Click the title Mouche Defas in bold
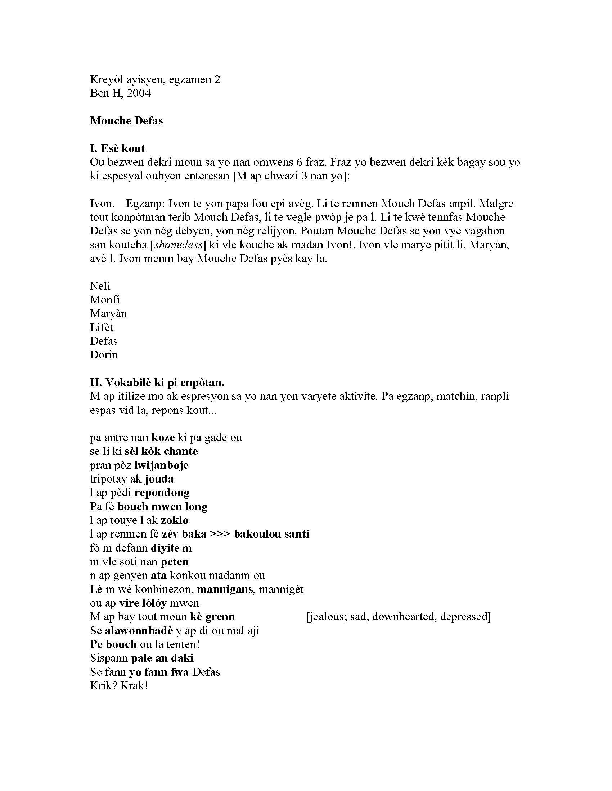(126, 120)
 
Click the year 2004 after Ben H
(139, 93)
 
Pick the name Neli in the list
(100, 286)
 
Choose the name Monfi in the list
(105, 300)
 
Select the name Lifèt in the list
(102, 327)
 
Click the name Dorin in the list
(104, 355)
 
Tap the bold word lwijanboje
(161, 465)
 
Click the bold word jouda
(159, 479)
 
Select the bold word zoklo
(175, 520)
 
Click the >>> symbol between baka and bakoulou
(220, 534)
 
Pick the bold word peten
(175, 561)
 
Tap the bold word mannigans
(225, 589)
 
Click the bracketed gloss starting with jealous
(399, 617)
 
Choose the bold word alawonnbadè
(139, 631)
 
